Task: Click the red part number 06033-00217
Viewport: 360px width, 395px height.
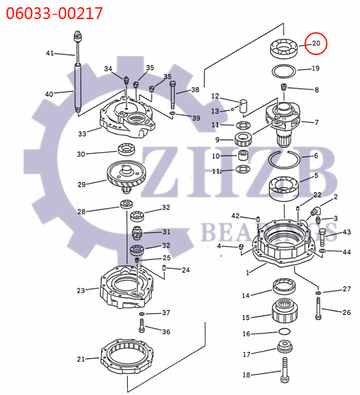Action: [54, 13]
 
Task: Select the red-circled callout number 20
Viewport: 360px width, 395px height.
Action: [316, 44]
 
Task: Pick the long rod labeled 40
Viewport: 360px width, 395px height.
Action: [78, 89]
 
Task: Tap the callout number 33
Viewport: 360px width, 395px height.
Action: [82, 134]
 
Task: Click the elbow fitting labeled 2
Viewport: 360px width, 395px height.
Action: [315, 210]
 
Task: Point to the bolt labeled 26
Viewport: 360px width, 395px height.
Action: [318, 308]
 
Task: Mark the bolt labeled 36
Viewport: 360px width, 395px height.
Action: [141, 327]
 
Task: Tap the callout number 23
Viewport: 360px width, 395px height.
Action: [81, 290]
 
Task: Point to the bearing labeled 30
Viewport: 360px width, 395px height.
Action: [127, 149]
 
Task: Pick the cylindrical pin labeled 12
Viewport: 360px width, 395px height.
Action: [243, 105]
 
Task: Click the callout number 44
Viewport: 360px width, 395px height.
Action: [346, 251]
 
